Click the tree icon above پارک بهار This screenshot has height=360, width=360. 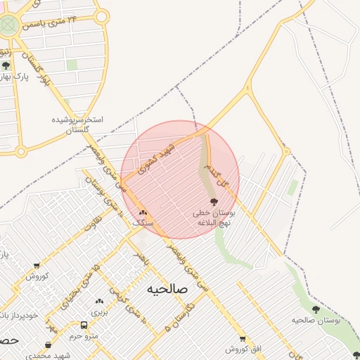tap(6, 65)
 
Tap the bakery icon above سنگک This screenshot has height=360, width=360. tap(143, 212)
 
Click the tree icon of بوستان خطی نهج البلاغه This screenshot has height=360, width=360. tap(214, 202)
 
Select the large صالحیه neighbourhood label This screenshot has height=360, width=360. tap(168, 289)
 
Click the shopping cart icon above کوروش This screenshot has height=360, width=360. tap(37, 266)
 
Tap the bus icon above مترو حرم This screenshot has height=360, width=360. tap(84, 326)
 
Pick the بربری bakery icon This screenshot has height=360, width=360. tap(98, 301)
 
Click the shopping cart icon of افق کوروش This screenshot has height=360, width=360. tap(243, 338)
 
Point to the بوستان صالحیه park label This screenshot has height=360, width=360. tap(316, 320)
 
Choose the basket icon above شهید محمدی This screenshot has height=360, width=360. tap(48, 345)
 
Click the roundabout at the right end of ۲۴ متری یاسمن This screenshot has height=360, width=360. tap(101, 17)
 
